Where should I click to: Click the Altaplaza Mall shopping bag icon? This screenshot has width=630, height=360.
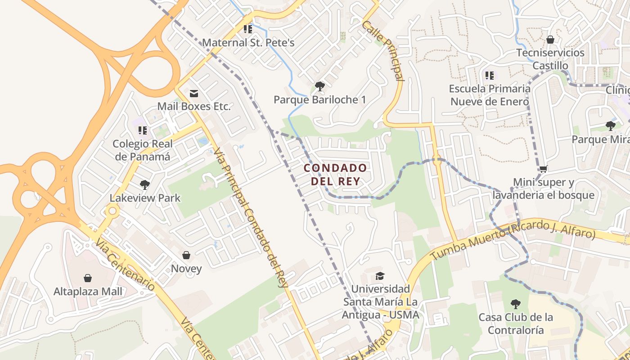click(88, 278)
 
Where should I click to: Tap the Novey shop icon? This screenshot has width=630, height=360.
click(186, 255)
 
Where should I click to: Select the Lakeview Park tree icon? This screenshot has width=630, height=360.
click(144, 184)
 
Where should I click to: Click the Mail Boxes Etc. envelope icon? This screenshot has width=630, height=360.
click(194, 93)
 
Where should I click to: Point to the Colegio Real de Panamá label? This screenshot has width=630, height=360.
click(142, 150)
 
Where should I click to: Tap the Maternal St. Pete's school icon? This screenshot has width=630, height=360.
click(247, 29)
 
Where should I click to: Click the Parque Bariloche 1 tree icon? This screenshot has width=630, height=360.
click(319, 86)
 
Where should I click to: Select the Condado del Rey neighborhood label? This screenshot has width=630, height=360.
click(335, 175)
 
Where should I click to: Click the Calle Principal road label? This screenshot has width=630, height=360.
click(382, 50)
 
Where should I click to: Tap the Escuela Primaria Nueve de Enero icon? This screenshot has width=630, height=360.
click(490, 75)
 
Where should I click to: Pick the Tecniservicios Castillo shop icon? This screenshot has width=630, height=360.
click(550, 40)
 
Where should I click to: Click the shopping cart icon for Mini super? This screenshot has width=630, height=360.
click(543, 169)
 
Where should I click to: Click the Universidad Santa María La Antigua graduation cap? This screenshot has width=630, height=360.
click(380, 275)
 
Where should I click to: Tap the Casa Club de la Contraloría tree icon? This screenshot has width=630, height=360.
click(516, 304)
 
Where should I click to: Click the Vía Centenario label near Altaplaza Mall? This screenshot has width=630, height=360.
click(125, 264)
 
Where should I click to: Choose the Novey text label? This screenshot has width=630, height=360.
click(186, 269)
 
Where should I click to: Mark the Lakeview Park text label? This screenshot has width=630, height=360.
click(145, 198)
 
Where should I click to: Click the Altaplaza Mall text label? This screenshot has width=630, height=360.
click(88, 292)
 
